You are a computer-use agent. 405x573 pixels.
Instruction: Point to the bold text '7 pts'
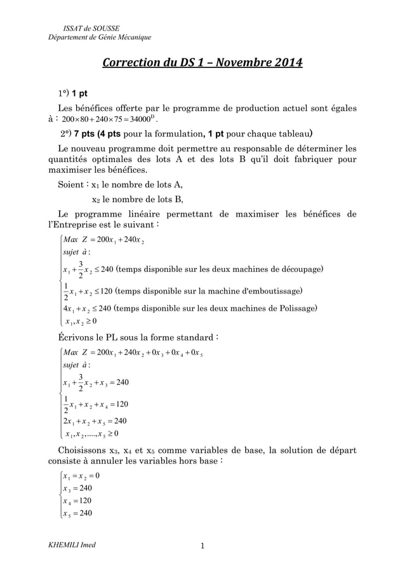87,135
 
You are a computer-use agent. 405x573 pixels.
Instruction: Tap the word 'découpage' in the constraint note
300,269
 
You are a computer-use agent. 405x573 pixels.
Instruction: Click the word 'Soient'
71,185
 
